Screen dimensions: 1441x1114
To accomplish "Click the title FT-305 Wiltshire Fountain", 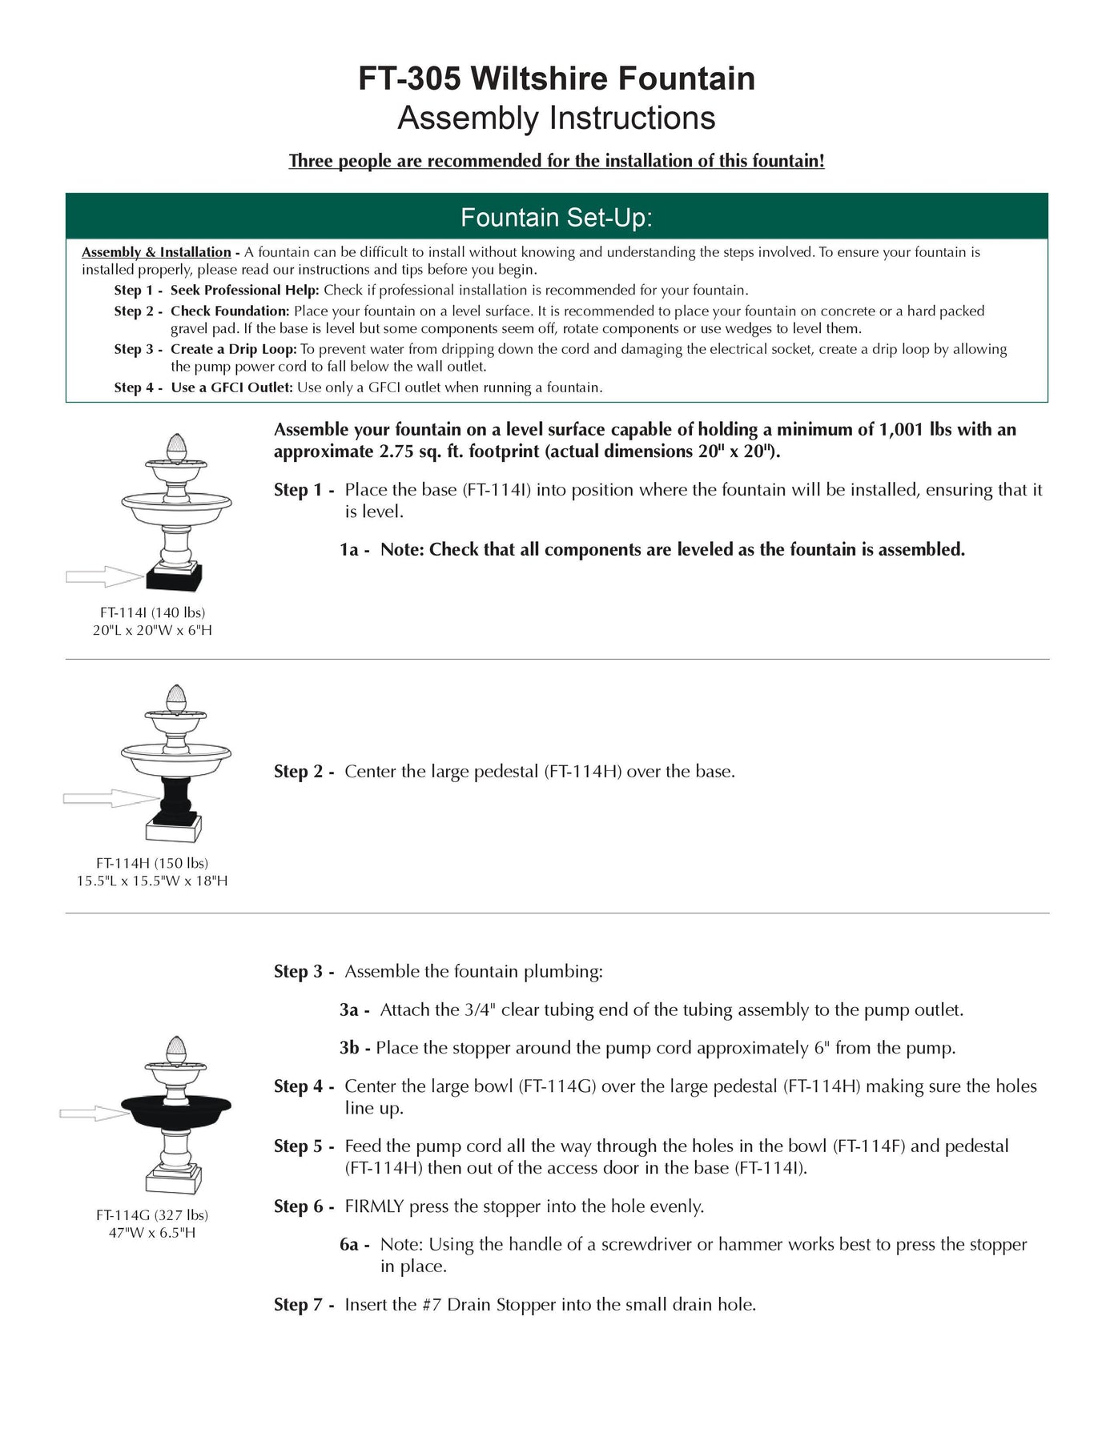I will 557,79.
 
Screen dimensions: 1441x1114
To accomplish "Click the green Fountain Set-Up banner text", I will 557,218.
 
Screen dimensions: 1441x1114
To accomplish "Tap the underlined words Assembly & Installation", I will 156,252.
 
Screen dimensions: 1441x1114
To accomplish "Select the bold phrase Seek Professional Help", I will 244,290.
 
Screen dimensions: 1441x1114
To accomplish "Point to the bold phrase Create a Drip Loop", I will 233,349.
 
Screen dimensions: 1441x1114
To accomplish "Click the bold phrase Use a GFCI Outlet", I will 232,387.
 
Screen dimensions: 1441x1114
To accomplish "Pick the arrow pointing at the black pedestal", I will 111,797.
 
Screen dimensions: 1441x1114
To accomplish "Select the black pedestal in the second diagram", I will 175,801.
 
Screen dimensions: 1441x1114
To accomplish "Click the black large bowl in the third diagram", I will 176,1110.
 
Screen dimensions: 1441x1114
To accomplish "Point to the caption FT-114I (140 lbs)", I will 152,612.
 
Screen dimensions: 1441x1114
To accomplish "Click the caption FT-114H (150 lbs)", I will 152,863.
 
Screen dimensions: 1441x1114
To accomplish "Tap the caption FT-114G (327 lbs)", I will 152,1215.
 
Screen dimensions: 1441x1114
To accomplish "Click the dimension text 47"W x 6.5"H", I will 152,1233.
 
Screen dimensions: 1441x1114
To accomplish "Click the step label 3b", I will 353,1048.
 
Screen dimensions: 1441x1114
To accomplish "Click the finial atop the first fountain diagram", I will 175,446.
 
